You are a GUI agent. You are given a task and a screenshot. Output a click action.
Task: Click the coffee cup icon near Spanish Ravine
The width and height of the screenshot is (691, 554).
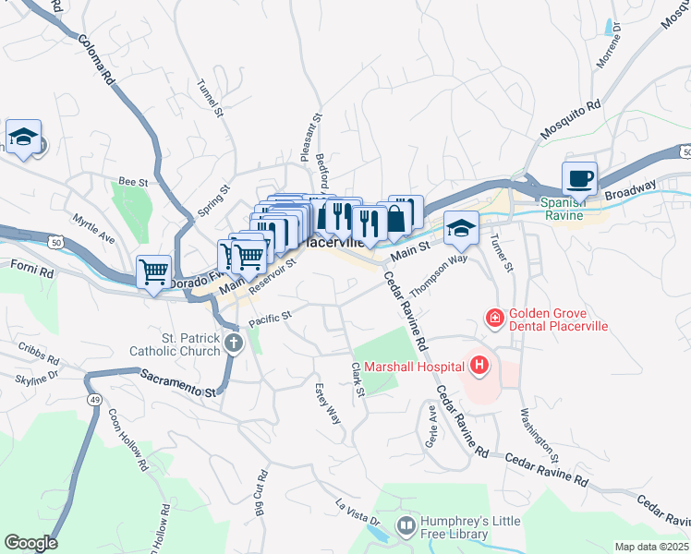click(x=579, y=177)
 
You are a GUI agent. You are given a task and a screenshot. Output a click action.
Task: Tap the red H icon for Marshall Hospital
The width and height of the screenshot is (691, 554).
click(x=479, y=367)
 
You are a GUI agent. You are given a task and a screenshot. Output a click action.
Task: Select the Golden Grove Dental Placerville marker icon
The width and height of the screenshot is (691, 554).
click(x=495, y=319)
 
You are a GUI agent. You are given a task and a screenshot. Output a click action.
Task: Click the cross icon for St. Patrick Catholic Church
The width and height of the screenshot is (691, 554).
click(x=234, y=345)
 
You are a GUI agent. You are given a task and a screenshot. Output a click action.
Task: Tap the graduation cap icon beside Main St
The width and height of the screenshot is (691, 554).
click(x=460, y=227)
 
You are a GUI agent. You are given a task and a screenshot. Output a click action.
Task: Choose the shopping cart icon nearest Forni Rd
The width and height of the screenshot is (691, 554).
click(x=153, y=271)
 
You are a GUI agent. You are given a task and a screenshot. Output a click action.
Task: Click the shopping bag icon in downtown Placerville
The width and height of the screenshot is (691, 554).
click(x=395, y=218)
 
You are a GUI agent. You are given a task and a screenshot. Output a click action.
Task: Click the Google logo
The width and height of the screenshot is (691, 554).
click(x=30, y=543)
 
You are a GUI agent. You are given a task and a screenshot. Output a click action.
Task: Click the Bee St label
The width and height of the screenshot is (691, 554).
click(x=133, y=183)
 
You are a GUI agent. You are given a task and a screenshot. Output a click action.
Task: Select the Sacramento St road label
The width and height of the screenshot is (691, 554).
click(x=177, y=381)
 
